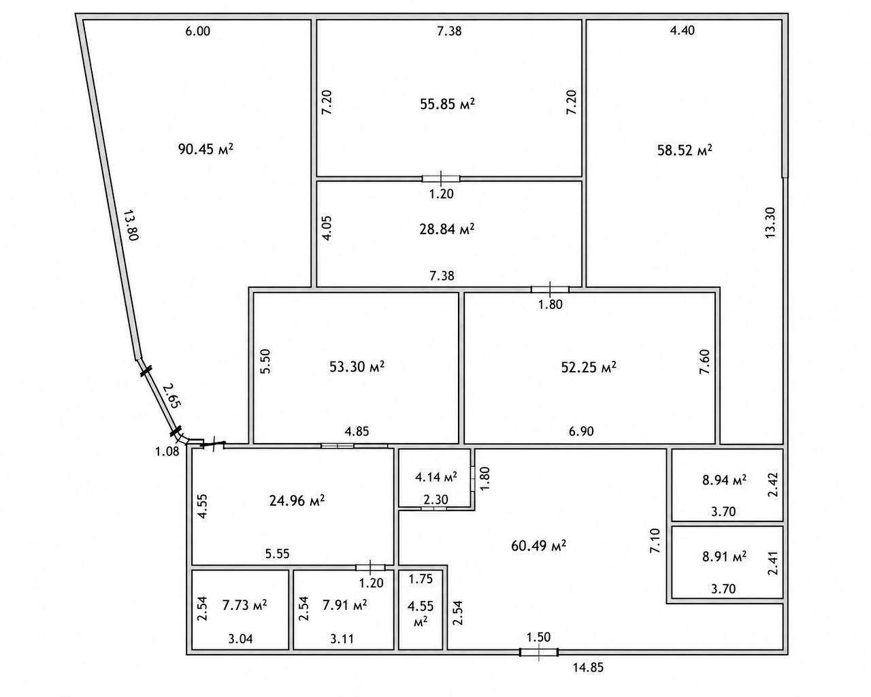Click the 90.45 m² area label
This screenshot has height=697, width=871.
(206, 149)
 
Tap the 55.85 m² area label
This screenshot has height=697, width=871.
(447, 104)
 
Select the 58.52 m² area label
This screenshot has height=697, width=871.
(685, 150)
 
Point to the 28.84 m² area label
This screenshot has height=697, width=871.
(447, 229)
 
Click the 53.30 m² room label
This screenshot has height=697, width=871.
(357, 366)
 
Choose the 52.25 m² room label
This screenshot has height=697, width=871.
(589, 367)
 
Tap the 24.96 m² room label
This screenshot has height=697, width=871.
(297, 500)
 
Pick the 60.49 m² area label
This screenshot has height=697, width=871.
(538, 545)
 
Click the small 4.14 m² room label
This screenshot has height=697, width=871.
(436, 476)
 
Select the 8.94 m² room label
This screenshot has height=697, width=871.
(724, 480)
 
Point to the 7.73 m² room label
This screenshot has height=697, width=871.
(244, 605)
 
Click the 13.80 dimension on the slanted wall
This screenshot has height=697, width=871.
(131, 225)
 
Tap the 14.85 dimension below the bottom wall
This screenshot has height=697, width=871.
(588, 668)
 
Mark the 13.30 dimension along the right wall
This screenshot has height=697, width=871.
(770, 223)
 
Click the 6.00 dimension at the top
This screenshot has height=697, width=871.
(197, 31)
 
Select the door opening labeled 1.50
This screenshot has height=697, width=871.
(539, 652)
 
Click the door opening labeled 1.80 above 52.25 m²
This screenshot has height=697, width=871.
(550, 289)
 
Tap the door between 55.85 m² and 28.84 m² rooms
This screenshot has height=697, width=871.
(441, 178)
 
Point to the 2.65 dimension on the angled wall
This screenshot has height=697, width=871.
(172, 395)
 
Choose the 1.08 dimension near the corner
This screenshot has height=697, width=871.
(167, 451)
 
